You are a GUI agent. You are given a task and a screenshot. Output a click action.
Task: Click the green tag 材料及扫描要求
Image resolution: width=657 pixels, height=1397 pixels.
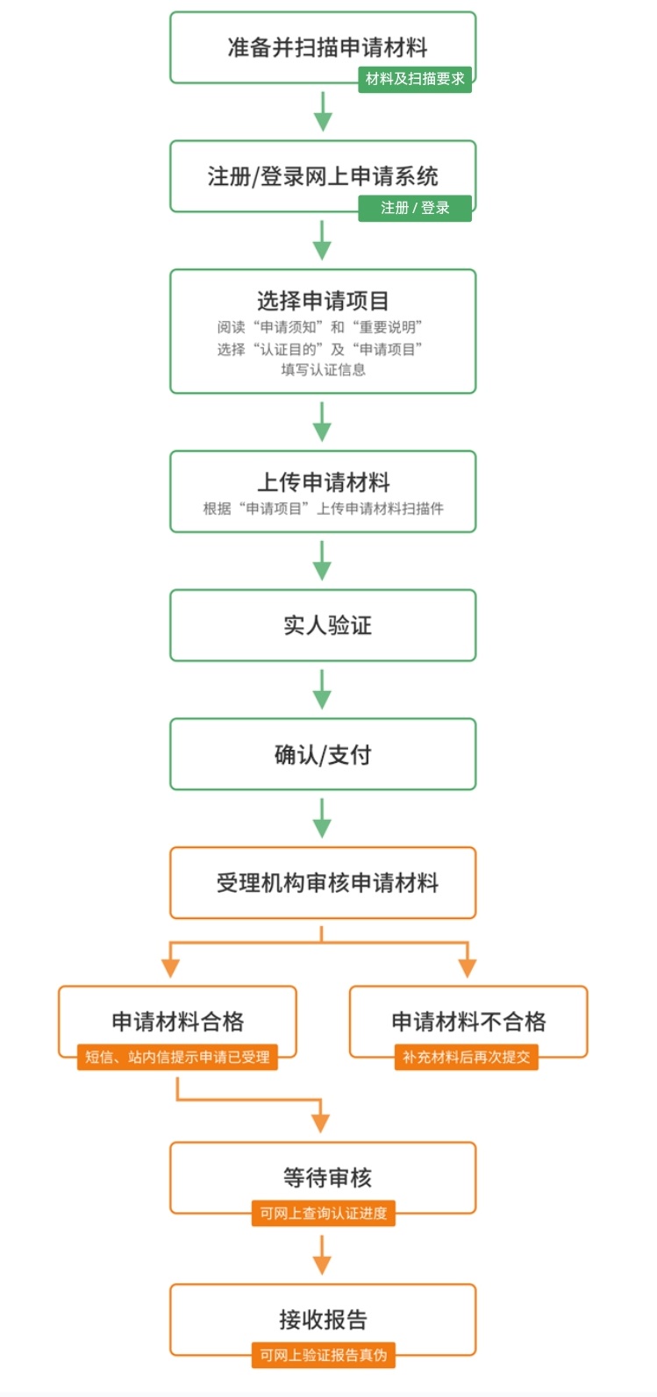pyautogui.click(x=414, y=79)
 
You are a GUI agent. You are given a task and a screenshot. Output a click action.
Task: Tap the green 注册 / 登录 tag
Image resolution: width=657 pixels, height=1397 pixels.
pyautogui.click(x=414, y=208)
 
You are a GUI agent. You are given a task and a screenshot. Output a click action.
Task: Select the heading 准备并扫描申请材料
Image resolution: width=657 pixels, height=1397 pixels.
pyautogui.click(x=327, y=47)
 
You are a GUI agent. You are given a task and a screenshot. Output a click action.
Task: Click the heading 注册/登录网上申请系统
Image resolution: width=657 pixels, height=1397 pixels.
pyautogui.click(x=323, y=176)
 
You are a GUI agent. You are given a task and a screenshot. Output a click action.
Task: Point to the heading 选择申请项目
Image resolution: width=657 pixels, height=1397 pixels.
pyautogui.click(x=323, y=301)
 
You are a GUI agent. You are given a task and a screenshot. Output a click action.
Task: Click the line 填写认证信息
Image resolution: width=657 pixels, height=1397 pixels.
pyautogui.click(x=323, y=370)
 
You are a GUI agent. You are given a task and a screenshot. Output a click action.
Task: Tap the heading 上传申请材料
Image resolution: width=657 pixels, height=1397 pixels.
pyautogui.click(x=323, y=482)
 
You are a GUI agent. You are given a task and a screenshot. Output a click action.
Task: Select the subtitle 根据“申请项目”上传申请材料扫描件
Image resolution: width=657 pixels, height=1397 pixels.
pyautogui.click(x=323, y=509)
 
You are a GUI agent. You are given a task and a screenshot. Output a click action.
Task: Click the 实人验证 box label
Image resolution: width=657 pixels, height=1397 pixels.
pyautogui.click(x=327, y=625)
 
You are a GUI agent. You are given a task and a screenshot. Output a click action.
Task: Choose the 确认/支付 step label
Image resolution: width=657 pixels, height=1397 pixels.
pyautogui.click(x=323, y=755)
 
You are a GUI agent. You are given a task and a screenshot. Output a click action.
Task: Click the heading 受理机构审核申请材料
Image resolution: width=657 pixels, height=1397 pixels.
pyautogui.click(x=327, y=883)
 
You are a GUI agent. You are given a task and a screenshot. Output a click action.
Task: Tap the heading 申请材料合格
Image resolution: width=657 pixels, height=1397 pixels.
pyautogui.click(x=178, y=1022)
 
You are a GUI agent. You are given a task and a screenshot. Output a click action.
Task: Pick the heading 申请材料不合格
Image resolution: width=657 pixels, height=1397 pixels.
pyautogui.click(x=468, y=1022)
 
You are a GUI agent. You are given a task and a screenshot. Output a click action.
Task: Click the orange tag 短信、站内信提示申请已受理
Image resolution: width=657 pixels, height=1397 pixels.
pyautogui.click(x=177, y=1057)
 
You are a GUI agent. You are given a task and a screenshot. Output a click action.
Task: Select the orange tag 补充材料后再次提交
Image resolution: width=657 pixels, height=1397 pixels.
pyautogui.click(x=466, y=1057)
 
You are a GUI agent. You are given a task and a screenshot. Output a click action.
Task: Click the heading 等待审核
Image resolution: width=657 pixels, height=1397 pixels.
pyautogui.click(x=327, y=1178)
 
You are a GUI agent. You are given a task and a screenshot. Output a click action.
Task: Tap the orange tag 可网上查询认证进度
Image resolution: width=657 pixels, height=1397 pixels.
pyautogui.click(x=323, y=1213)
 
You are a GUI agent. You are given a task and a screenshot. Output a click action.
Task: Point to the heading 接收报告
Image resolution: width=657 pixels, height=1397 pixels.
pyautogui.click(x=323, y=1320)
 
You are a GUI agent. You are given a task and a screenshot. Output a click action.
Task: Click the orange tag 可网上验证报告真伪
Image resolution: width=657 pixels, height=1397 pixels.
pyautogui.click(x=323, y=1355)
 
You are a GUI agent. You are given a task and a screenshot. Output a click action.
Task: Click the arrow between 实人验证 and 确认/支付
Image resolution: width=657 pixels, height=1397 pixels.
pyautogui.click(x=322, y=689)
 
